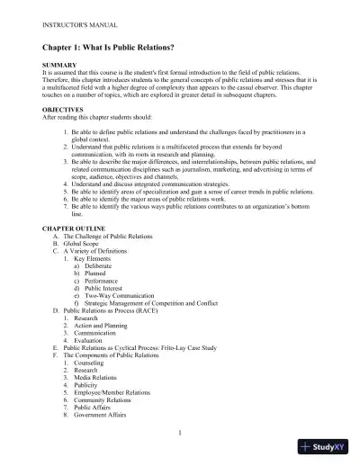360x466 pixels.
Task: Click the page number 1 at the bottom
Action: point(181,433)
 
